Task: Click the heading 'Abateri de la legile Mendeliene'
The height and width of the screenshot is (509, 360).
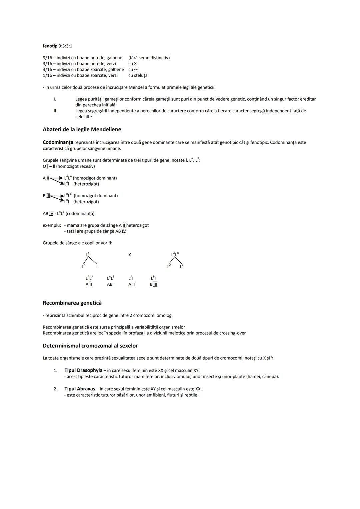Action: coord(82,129)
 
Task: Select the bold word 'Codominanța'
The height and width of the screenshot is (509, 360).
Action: coord(58,142)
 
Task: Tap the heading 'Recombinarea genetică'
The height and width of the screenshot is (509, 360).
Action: coord(72,303)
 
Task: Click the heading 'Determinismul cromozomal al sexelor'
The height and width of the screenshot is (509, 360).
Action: coord(90,346)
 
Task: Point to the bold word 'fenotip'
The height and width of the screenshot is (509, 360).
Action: coord(50,46)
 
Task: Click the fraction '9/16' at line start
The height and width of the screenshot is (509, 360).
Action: coord(47,58)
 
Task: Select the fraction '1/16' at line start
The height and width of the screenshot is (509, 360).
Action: coord(47,75)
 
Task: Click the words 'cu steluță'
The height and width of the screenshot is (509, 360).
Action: coord(138,75)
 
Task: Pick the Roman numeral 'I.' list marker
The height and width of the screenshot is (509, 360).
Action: coord(55,99)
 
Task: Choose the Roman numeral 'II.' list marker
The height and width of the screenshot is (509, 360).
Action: coord(55,111)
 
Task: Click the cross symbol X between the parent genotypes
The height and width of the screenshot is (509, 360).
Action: coord(130,255)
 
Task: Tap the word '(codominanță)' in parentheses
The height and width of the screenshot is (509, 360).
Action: coord(80,214)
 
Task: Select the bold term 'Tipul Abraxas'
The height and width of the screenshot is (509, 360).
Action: coord(80,389)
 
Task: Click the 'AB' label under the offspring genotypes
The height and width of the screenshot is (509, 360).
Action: coord(110,284)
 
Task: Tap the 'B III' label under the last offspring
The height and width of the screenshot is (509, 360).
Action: coord(153,284)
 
